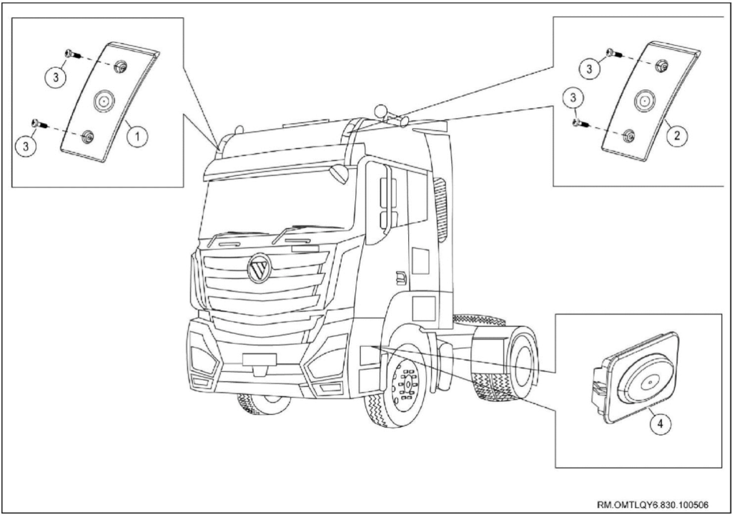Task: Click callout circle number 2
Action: click(676, 135)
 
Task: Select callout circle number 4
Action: click(660, 423)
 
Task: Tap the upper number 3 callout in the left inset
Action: click(56, 77)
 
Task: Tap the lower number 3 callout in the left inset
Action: click(26, 145)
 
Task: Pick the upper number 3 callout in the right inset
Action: click(590, 69)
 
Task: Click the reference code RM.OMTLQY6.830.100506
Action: click(653, 505)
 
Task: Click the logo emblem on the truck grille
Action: click(259, 268)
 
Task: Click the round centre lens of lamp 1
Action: click(103, 100)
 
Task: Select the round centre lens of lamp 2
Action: click(644, 100)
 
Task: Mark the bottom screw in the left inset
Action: click(39, 124)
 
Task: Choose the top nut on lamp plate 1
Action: click(120, 64)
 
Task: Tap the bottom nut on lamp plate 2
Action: click(628, 135)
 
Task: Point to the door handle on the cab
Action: click(401, 278)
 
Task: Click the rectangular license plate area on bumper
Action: click(259, 359)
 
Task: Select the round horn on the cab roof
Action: click(381, 111)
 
